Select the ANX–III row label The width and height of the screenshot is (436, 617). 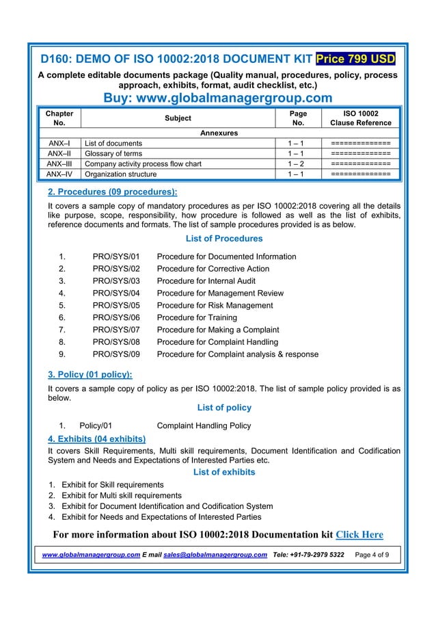[x=59, y=164]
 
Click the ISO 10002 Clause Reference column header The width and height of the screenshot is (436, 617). [x=360, y=118]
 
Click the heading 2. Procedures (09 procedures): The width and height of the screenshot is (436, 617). [x=112, y=192]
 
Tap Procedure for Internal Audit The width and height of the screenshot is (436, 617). [x=206, y=281]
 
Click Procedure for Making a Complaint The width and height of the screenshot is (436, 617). [x=218, y=330]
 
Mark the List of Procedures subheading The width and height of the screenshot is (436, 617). [x=224, y=239]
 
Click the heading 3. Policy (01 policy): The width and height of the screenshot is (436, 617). [x=90, y=374]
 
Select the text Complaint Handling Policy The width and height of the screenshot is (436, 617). [x=204, y=425]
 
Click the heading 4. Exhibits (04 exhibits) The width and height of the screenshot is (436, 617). [x=96, y=438]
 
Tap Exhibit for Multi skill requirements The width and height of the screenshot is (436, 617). [x=122, y=495]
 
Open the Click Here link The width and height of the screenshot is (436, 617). [x=359, y=534]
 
